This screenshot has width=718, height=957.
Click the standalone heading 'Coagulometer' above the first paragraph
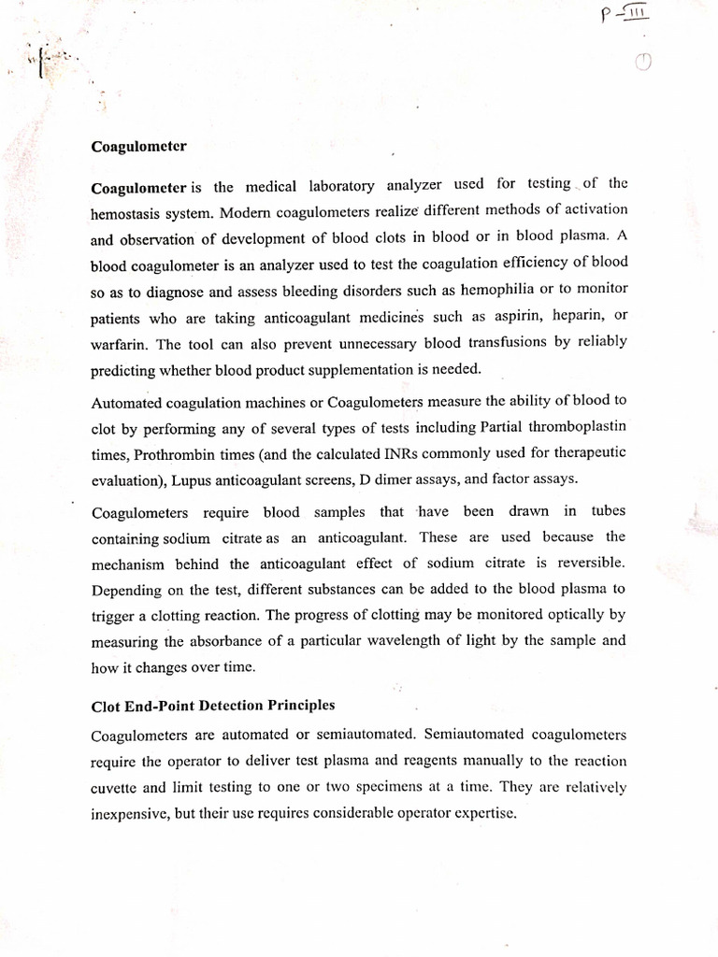[138, 147]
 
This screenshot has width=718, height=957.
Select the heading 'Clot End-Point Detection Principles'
[213, 705]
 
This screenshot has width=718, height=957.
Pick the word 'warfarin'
[117, 344]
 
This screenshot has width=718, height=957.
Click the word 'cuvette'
[115, 787]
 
